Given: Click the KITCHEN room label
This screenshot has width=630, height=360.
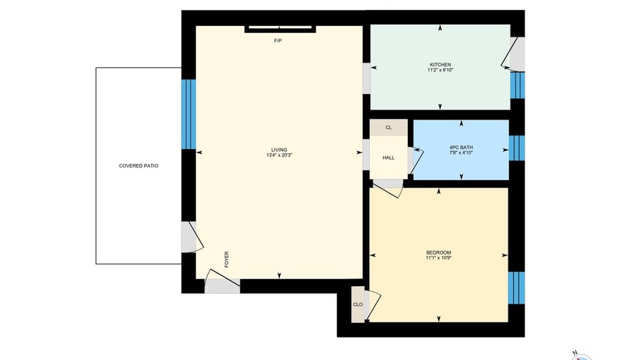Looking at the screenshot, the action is pyautogui.click(x=440, y=65).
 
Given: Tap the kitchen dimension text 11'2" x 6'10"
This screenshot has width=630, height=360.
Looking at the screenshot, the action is pyautogui.click(x=440, y=70).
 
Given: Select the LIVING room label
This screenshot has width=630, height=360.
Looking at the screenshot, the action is pyautogui.click(x=279, y=150).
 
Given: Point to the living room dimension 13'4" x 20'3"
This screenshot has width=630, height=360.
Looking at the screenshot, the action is pyautogui.click(x=279, y=155).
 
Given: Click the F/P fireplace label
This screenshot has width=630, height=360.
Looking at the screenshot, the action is pyautogui.click(x=278, y=41).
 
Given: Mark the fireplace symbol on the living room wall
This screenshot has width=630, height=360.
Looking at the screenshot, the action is pyautogui.click(x=280, y=29).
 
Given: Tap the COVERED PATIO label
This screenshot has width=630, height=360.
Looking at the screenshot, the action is pyautogui.click(x=139, y=165).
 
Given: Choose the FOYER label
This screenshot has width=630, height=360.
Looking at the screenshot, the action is pyautogui.click(x=226, y=259).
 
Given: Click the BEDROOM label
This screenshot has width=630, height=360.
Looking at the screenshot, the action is pyautogui.click(x=439, y=252).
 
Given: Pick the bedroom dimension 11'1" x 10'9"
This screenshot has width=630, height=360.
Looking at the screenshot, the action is pyautogui.click(x=439, y=258).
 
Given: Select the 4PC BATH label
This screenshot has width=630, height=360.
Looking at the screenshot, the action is pyautogui.click(x=461, y=148).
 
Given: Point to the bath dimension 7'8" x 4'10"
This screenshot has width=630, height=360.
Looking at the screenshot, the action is pyautogui.click(x=461, y=153).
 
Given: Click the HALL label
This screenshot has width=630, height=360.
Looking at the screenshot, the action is pyautogui.click(x=389, y=158).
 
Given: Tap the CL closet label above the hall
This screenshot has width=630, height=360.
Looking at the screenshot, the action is pyautogui.click(x=389, y=128).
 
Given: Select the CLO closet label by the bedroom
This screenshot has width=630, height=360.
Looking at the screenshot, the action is pyautogui.click(x=358, y=304).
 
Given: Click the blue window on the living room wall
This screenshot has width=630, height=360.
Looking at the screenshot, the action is pyautogui.click(x=189, y=114).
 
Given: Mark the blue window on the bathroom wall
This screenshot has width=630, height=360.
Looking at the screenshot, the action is pyautogui.click(x=517, y=148).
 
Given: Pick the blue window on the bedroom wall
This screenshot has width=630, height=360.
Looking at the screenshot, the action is pyautogui.click(x=516, y=288).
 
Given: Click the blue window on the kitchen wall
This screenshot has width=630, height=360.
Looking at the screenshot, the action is pyautogui.click(x=517, y=85).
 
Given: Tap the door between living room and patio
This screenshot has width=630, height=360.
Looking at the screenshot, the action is pyautogui.click(x=192, y=237).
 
